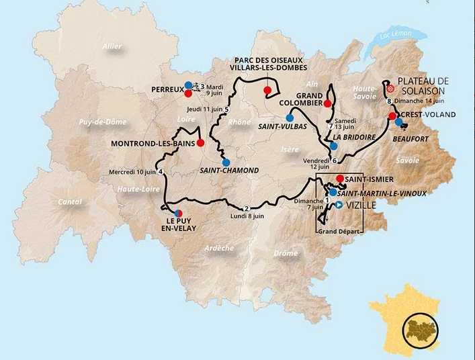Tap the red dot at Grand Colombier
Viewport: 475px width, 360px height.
click(x=327, y=103)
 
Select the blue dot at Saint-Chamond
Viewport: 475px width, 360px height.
click(x=226, y=162)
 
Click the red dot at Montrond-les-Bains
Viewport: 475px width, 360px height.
click(x=200, y=143)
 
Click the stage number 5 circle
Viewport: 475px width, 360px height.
click(x=226, y=109)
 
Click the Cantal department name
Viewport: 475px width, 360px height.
click(x=69, y=201)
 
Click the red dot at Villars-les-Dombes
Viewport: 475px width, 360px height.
click(x=267, y=90)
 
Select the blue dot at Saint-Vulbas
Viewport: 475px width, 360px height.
click(x=289, y=118)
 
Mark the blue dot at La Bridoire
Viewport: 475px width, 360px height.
click(x=334, y=146)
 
